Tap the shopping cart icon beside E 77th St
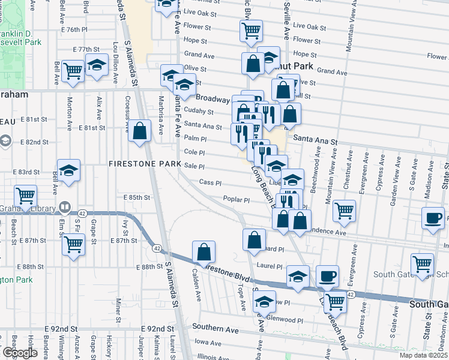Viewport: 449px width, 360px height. [x=73, y=71]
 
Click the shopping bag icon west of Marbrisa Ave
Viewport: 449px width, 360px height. [x=139, y=132]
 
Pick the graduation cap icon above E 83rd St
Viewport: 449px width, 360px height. [x=69, y=170]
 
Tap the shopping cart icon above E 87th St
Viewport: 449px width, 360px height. [x=73, y=244]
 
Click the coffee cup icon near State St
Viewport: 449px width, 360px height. [x=433, y=218]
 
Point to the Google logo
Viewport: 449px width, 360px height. [x=20, y=353]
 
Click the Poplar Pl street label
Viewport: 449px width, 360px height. [x=236, y=199]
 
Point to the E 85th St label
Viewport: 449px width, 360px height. [x=136, y=197]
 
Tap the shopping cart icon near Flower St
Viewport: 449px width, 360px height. [x=252, y=31]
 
